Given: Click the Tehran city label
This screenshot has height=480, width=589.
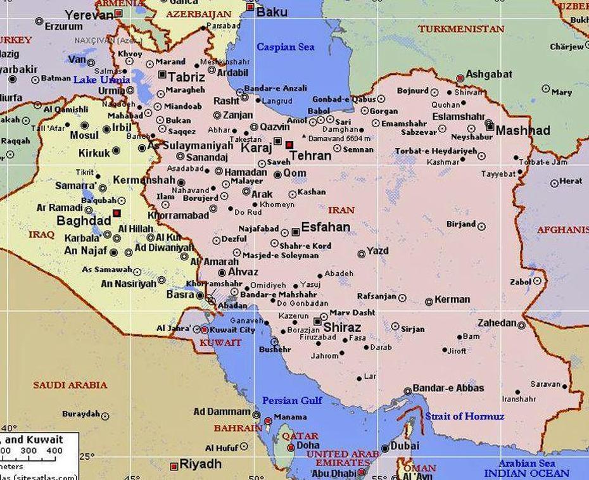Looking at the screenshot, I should click(310, 155).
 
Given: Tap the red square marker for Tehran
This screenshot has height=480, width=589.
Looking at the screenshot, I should click(289, 144).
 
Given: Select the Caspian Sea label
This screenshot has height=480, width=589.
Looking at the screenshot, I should click(285, 47).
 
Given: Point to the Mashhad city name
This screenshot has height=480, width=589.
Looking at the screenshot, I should click(522, 130).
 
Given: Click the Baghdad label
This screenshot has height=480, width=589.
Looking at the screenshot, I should click(83, 221).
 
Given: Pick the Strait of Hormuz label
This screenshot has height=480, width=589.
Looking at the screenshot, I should click(464, 416).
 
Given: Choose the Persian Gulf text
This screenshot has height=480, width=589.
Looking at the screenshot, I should click(292, 400).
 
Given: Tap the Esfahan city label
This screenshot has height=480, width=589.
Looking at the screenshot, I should click(326, 227).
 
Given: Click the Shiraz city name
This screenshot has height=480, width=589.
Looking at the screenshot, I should click(341, 327).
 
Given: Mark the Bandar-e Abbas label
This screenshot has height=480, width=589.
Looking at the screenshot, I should click(448, 388).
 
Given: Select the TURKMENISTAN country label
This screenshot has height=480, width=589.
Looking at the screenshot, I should click(461, 28).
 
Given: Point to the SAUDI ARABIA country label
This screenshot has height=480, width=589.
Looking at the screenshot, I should click(70, 384).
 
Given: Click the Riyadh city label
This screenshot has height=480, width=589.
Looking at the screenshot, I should click(200, 464).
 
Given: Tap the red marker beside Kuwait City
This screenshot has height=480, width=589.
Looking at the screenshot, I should click(205, 330).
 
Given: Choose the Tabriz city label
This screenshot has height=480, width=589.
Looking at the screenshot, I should click(186, 77).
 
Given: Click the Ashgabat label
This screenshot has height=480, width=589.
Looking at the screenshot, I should click(488, 74).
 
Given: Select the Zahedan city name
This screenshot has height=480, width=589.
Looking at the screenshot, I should click(497, 323).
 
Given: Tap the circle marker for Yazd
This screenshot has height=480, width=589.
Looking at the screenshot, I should click(362, 254).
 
